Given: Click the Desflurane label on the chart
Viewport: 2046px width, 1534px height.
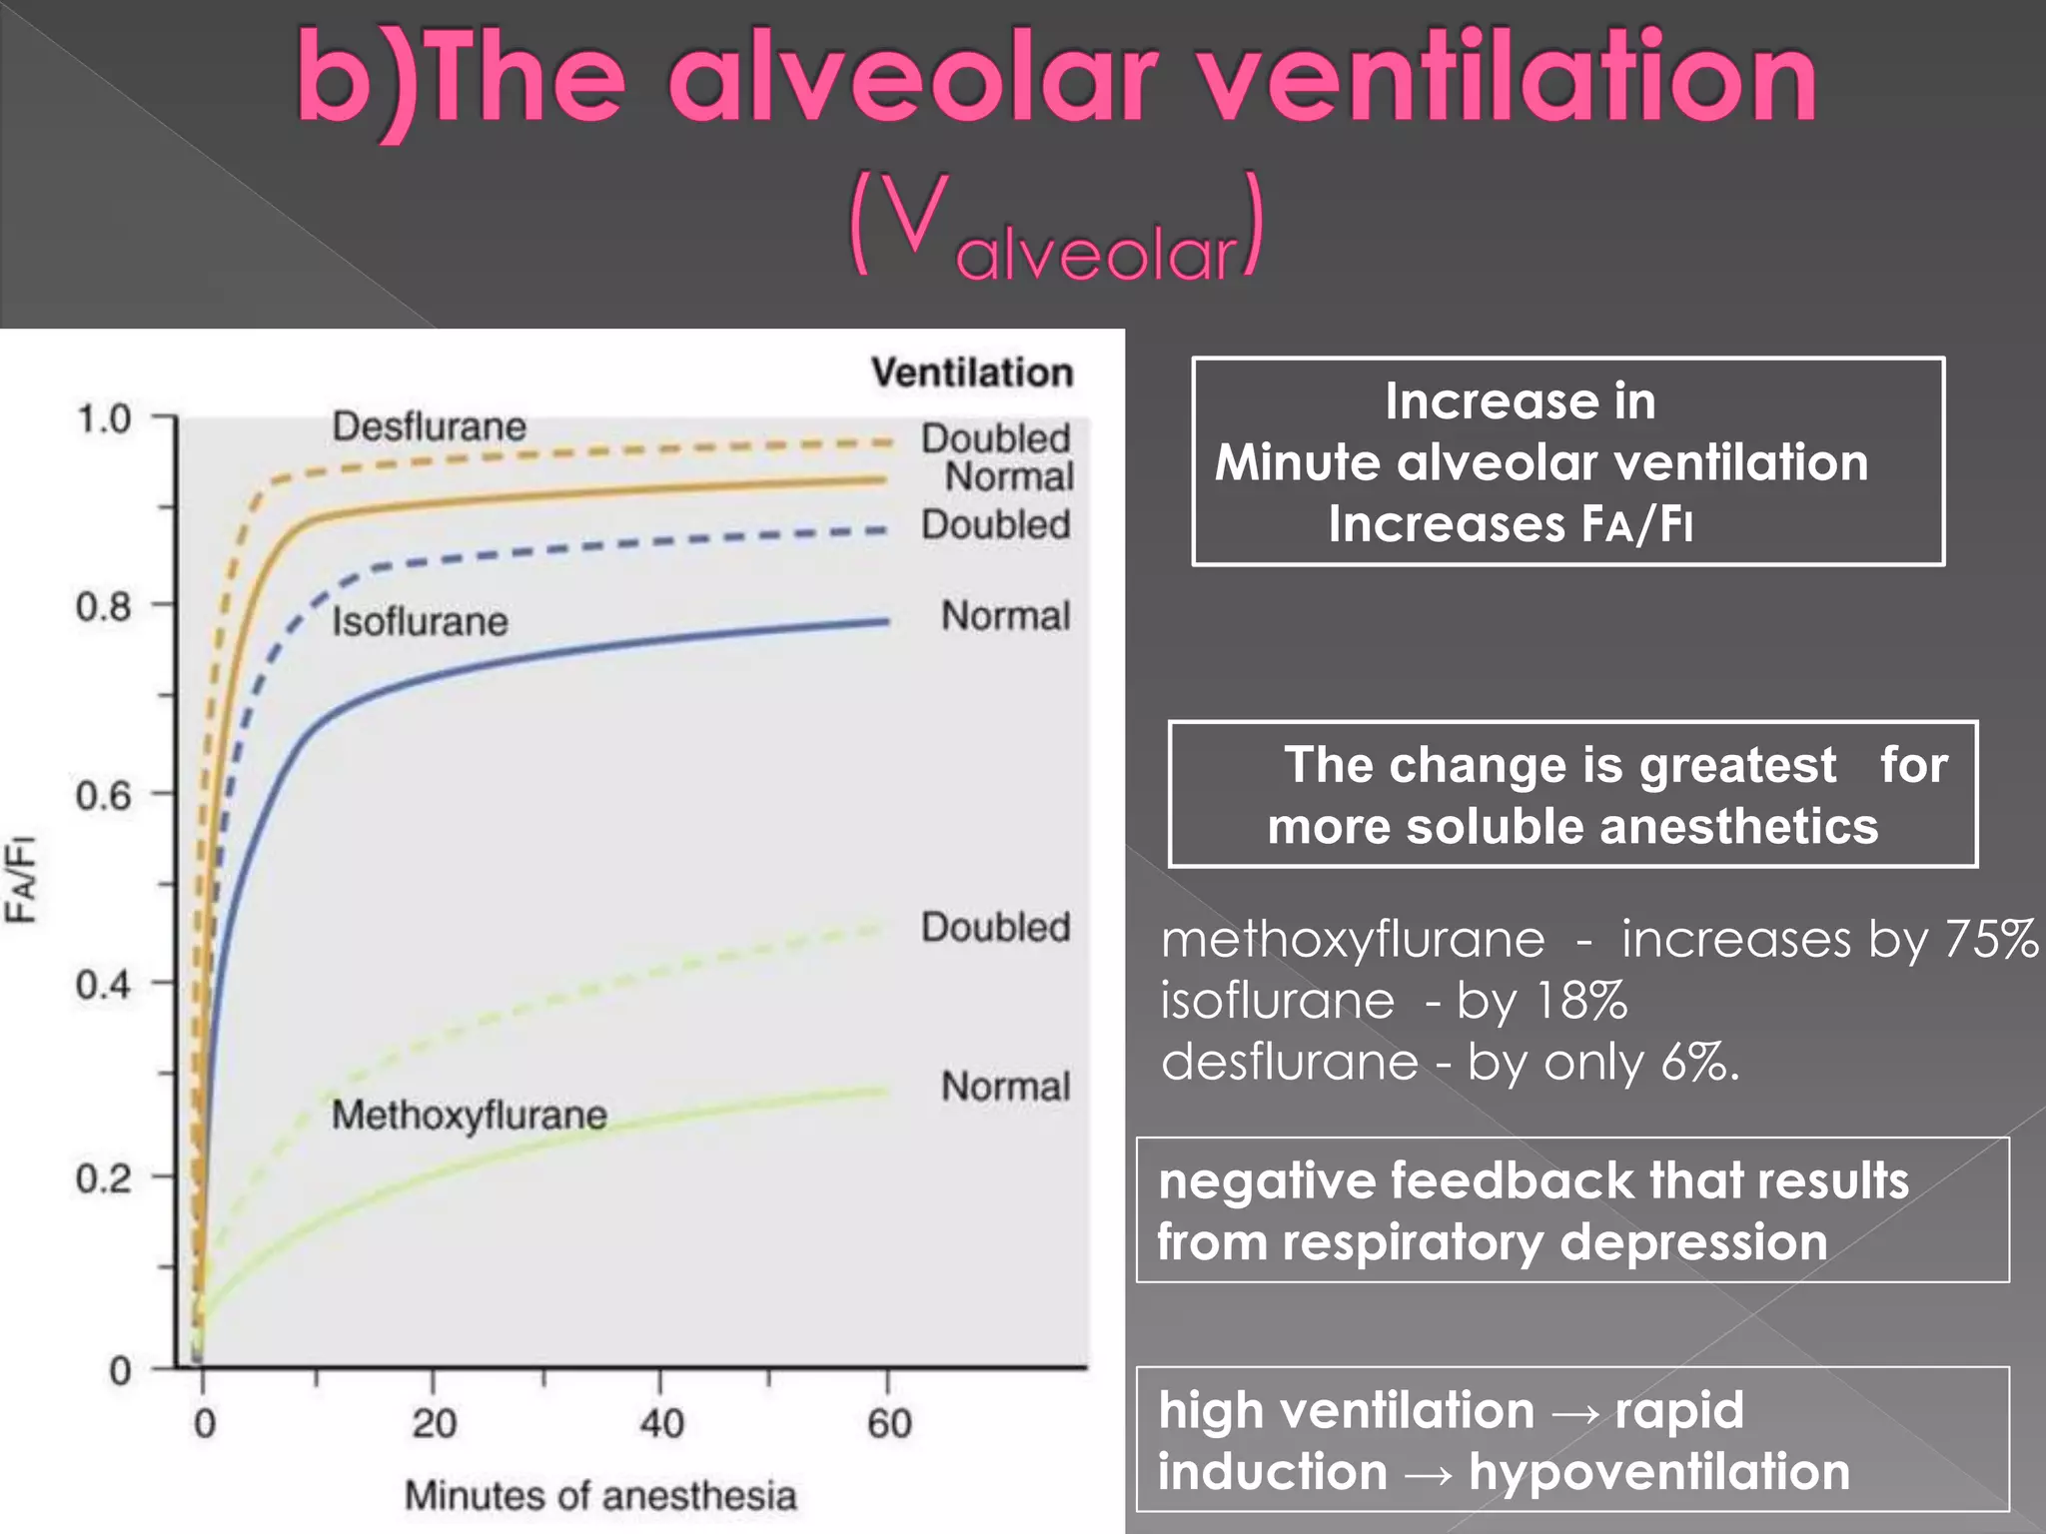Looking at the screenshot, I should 429,427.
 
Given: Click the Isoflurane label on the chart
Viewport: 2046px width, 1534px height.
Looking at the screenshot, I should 420,622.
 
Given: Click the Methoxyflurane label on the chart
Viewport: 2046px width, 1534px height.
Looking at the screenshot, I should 469,1115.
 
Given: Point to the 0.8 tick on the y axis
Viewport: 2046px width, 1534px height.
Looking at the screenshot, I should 104,606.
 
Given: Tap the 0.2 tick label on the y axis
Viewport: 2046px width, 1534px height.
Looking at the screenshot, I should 104,1178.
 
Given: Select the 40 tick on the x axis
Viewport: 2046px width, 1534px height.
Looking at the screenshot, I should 661,1422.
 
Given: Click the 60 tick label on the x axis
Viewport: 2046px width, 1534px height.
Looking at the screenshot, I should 889,1422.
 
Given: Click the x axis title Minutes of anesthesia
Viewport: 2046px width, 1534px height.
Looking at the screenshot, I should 600,1495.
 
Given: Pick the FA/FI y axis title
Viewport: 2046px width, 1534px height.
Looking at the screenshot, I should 21,879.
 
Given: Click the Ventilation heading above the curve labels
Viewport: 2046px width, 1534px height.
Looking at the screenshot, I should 972,373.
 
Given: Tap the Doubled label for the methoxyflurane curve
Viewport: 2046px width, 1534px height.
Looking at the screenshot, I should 995,927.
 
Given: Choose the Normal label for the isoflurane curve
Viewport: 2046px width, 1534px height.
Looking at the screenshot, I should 1005,616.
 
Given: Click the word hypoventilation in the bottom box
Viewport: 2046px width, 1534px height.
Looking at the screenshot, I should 1658,1472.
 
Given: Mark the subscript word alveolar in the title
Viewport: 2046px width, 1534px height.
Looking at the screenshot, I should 1096,253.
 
